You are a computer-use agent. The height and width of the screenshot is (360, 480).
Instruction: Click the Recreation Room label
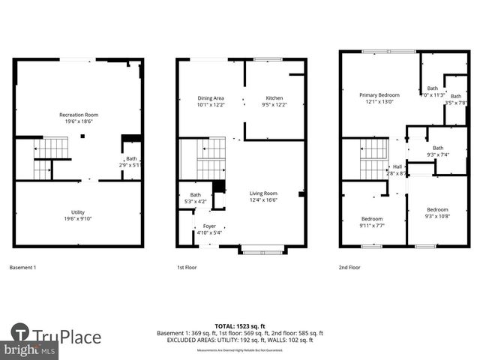(x=79, y=118)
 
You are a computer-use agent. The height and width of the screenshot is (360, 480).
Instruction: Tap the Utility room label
(x=79, y=215)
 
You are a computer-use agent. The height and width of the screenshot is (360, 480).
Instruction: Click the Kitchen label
(x=274, y=102)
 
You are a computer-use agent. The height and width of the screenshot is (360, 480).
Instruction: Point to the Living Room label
(x=263, y=196)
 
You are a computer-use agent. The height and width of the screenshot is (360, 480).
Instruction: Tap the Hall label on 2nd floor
(x=397, y=169)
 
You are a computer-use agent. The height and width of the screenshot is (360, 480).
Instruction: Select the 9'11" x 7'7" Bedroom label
(x=372, y=221)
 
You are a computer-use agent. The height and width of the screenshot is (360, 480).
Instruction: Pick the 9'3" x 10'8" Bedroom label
(x=437, y=213)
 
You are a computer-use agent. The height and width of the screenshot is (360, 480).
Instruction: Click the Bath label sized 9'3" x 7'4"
(x=437, y=151)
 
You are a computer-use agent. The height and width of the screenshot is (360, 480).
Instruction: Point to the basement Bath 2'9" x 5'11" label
(x=131, y=161)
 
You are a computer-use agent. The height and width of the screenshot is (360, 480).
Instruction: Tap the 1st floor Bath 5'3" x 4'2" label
(x=195, y=198)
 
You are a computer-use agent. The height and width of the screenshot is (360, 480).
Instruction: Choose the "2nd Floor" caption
(x=350, y=267)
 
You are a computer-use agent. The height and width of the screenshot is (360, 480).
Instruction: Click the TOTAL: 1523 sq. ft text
(x=240, y=326)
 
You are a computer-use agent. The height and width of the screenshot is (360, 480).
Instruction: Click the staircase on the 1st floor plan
(x=202, y=159)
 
